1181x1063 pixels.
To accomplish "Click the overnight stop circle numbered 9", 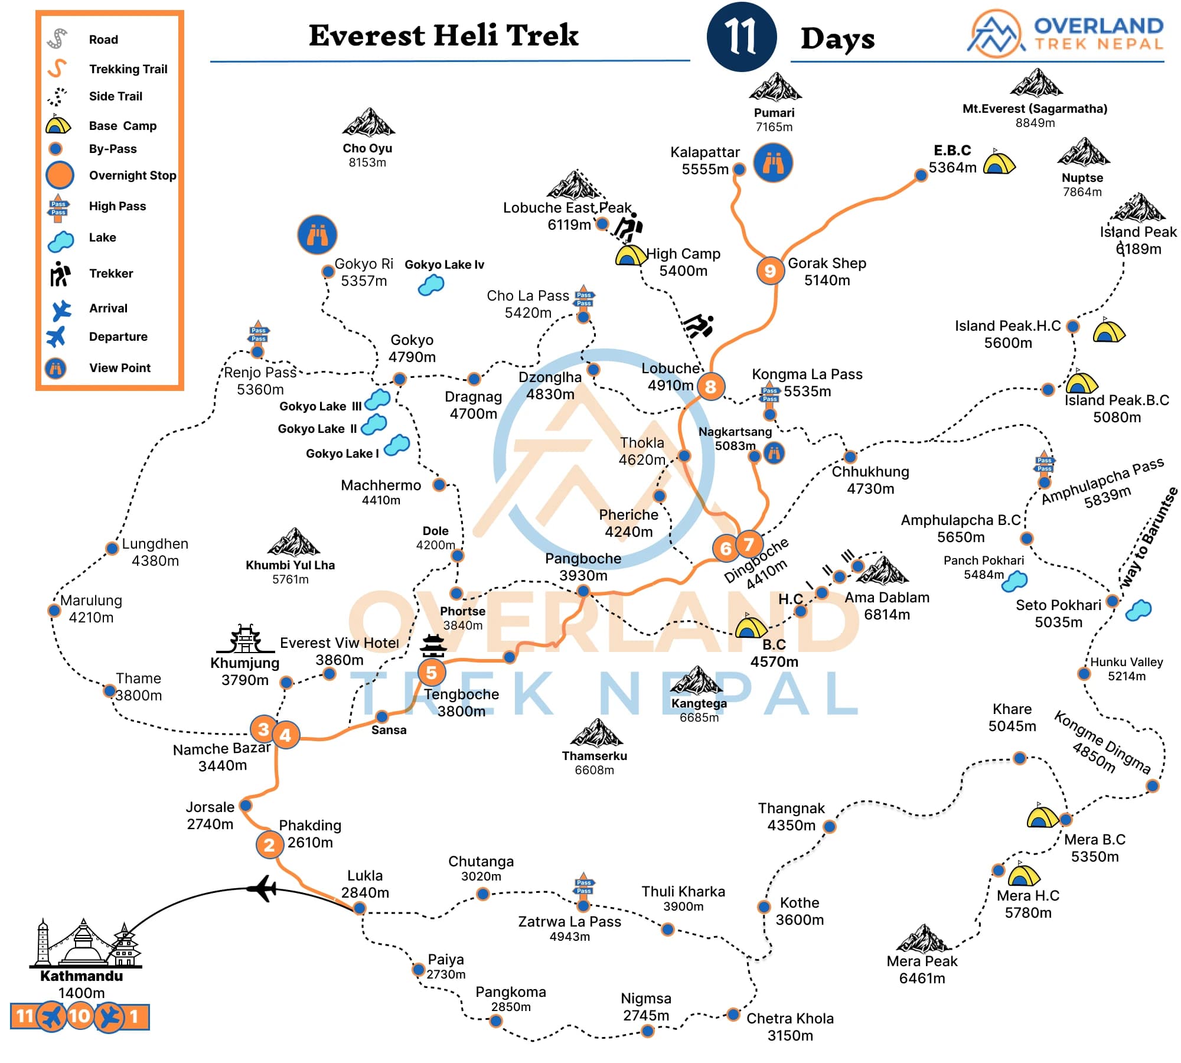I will pyautogui.click(x=770, y=271).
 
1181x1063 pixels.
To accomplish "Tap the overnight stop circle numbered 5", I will pyautogui.click(x=431, y=672).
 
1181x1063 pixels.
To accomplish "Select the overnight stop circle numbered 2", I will pyautogui.click(x=269, y=845).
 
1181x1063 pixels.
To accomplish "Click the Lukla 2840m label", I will pyautogui.click(x=365, y=884).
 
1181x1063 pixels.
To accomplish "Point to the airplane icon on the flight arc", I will pyautogui.click(x=262, y=888).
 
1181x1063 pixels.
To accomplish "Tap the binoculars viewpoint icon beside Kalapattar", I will pyautogui.click(x=773, y=162).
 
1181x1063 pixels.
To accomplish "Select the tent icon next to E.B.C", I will pyautogui.click(x=999, y=162).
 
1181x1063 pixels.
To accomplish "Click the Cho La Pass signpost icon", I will pyautogui.click(x=583, y=298).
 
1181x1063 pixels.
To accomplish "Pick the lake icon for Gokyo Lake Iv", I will pyautogui.click(x=431, y=285).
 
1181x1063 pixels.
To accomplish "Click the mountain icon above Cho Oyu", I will pyautogui.click(x=368, y=123).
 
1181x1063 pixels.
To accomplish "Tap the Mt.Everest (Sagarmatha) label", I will pyautogui.click(x=1035, y=109).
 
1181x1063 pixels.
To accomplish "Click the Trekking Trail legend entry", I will pyautogui.click(x=128, y=69).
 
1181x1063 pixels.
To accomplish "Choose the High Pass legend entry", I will pyautogui.click(x=117, y=206).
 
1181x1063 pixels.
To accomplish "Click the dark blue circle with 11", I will pyautogui.click(x=741, y=37).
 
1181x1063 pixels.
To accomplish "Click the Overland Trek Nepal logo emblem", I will pyautogui.click(x=996, y=34).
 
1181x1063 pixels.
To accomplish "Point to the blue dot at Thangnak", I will pyautogui.click(x=830, y=826).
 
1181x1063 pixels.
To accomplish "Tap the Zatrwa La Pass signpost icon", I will pyautogui.click(x=583, y=888).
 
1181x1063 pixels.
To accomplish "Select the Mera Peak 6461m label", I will pyautogui.click(x=922, y=970).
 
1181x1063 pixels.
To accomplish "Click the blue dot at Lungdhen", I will pyautogui.click(x=112, y=548).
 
